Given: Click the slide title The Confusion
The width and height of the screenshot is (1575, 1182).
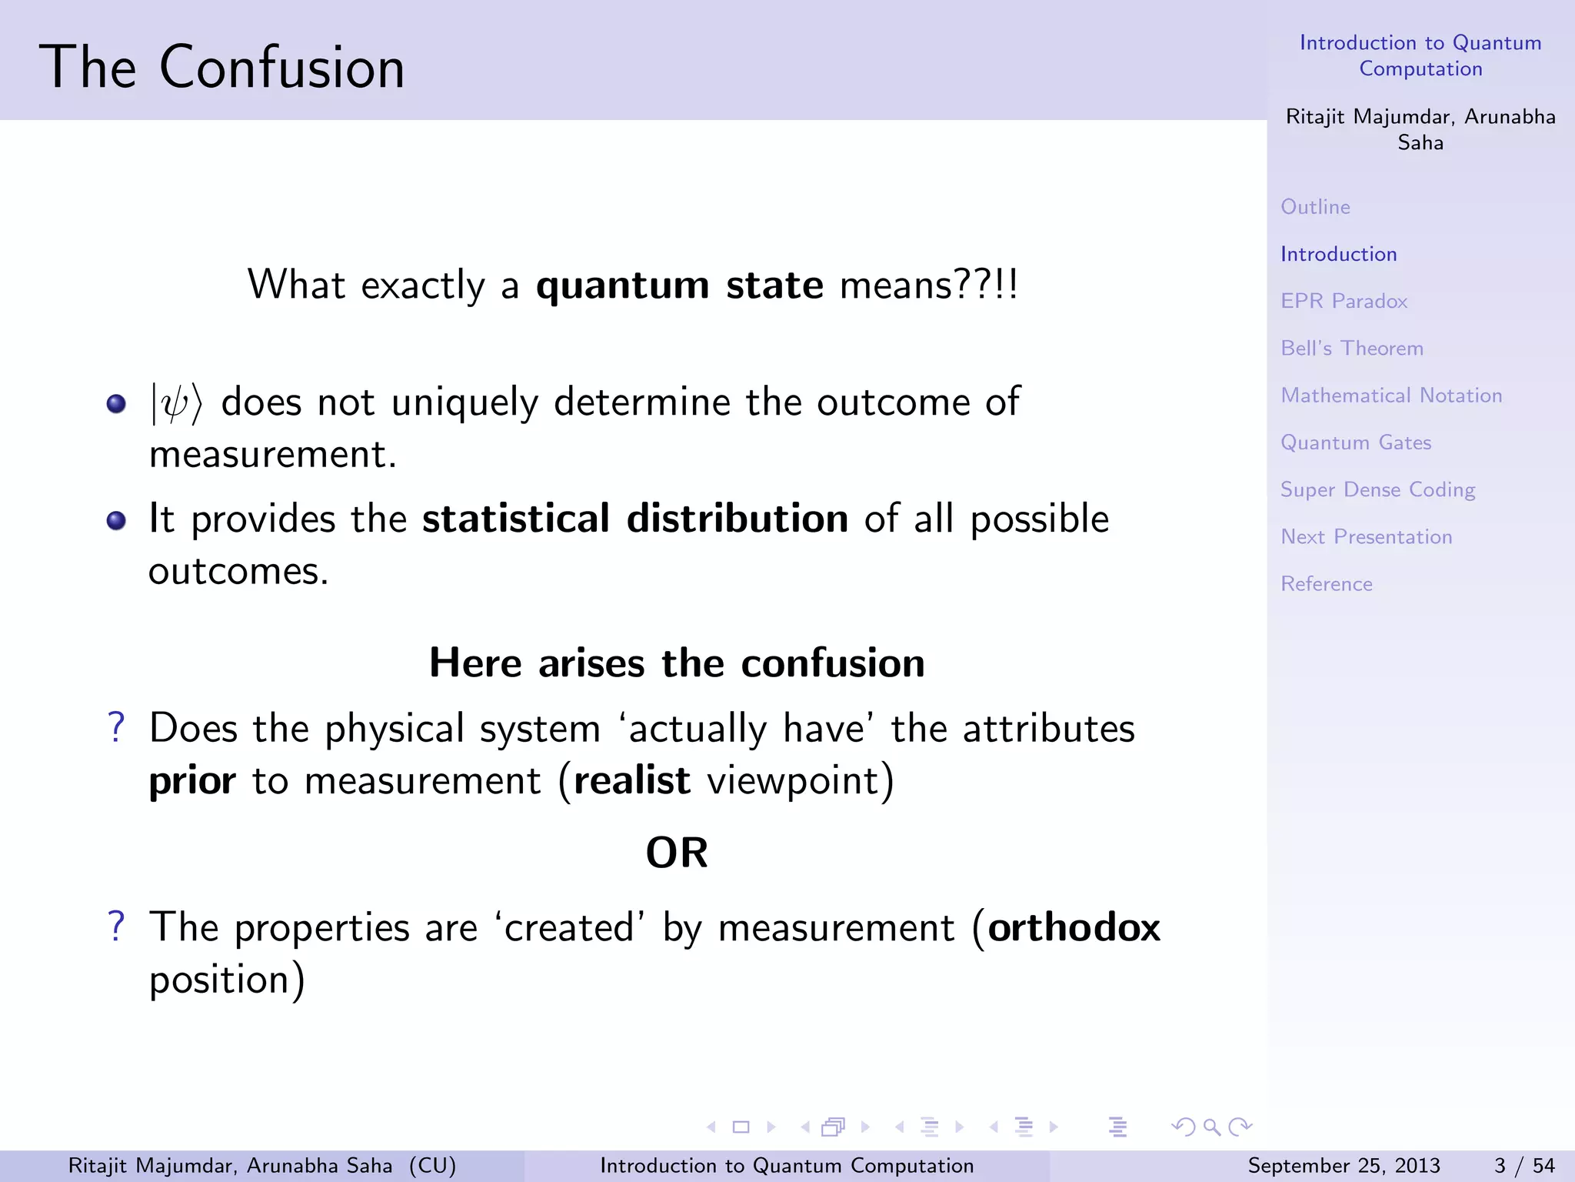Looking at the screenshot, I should [x=221, y=68].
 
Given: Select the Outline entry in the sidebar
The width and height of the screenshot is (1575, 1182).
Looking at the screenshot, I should [x=1315, y=207].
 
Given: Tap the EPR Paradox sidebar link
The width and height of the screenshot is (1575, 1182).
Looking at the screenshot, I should [x=1344, y=301].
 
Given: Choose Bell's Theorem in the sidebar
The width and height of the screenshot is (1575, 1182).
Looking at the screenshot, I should [x=1351, y=348].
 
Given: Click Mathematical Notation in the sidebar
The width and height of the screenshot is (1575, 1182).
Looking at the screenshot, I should [x=1390, y=396].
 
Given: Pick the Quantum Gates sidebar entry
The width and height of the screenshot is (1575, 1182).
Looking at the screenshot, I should [x=1355, y=442].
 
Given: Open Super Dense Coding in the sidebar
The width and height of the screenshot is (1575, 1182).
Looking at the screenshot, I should [x=1377, y=489].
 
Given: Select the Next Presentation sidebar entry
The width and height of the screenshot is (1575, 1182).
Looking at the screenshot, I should [x=1366, y=536].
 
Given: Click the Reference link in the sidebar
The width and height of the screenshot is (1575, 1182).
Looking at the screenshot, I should [x=1326, y=584].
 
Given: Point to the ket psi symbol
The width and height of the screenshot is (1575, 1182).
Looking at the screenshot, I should [x=175, y=403].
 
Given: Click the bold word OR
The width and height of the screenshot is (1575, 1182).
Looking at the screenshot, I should [x=676, y=853].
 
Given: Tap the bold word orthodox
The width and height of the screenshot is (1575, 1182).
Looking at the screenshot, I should [x=1074, y=927].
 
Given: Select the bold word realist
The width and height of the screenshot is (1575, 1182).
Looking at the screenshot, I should [x=631, y=780].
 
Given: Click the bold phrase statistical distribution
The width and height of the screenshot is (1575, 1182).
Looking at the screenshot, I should [x=634, y=519].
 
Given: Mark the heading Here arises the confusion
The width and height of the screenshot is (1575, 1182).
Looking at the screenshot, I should [x=676, y=663].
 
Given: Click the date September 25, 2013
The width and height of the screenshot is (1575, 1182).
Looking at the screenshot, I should [x=1343, y=1165].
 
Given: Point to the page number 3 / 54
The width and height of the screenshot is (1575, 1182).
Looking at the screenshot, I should [x=1523, y=1165].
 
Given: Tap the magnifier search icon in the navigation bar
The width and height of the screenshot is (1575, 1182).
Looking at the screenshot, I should [x=1212, y=1127].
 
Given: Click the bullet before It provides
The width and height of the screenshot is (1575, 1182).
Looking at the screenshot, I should [x=116, y=521].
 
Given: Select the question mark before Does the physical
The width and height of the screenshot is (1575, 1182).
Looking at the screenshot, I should [x=116, y=727].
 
